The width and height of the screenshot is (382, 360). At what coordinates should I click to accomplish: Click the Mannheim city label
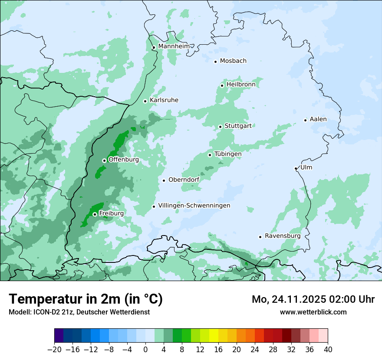tap(174, 46)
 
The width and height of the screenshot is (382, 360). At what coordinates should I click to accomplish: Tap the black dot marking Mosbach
tap(215, 62)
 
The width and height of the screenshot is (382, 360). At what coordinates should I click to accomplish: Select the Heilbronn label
tap(241, 85)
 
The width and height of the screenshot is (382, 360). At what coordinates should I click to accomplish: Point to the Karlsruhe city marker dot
tap(145, 101)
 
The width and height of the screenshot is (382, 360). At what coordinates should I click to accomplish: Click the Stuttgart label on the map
tap(238, 126)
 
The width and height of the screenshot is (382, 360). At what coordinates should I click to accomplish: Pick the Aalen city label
tap(318, 119)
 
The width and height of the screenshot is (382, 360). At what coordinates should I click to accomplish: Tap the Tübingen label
tap(228, 154)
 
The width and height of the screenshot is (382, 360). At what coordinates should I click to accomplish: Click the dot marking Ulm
tap(296, 168)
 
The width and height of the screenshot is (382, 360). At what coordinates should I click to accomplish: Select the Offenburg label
tap(123, 160)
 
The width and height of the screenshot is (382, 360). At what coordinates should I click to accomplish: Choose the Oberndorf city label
tap(184, 180)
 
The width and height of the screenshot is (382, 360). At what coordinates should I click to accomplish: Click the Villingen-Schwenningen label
tap(194, 206)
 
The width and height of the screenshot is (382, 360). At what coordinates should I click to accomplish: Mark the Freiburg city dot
tap(95, 214)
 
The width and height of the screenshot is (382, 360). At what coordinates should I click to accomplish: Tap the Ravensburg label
tap(283, 236)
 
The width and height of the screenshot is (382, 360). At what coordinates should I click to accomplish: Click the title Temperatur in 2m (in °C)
tap(86, 299)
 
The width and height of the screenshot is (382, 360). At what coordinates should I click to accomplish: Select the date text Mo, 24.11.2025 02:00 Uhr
tap(313, 299)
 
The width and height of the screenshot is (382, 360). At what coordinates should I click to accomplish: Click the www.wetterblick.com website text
tap(313, 312)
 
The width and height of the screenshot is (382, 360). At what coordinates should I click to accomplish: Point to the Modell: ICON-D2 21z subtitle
tap(79, 312)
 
